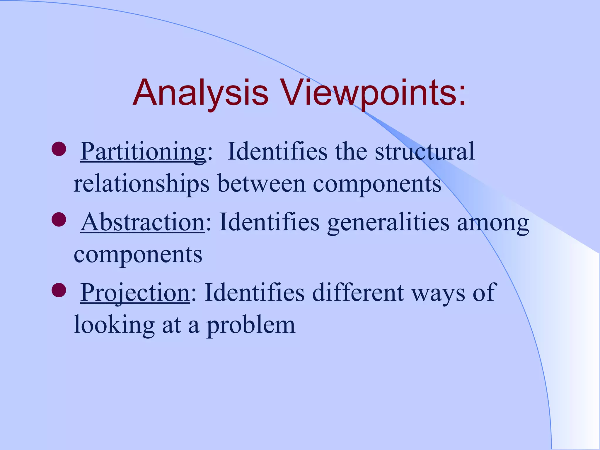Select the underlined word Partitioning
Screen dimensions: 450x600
(x=143, y=152)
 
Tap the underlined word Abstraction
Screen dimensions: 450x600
(x=143, y=222)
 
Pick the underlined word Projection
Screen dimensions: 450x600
(x=135, y=293)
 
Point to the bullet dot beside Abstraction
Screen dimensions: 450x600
(x=59, y=219)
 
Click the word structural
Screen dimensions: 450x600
(x=425, y=152)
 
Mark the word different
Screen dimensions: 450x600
(x=358, y=293)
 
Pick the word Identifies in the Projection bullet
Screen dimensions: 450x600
(x=254, y=293)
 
